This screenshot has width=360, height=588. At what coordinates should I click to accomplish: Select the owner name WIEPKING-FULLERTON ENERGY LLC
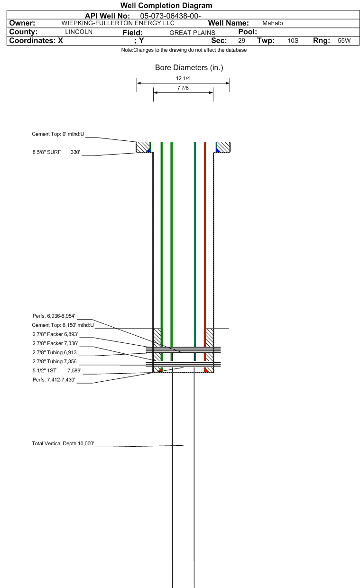coord(118,23)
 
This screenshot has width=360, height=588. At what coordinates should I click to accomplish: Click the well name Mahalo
coord(273,23)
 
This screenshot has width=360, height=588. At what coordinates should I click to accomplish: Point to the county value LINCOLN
coord(78,32)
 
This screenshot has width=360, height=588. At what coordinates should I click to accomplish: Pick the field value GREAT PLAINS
coord(192,32)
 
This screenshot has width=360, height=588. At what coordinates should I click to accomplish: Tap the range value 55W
coord(343,41)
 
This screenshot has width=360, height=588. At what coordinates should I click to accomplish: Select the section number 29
coord(241,41)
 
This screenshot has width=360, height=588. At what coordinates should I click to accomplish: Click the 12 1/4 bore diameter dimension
coord(183,79)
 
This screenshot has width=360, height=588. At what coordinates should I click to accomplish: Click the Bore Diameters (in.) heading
coord(189,68)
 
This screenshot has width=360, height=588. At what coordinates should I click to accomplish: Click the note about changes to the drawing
coord(184,50)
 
